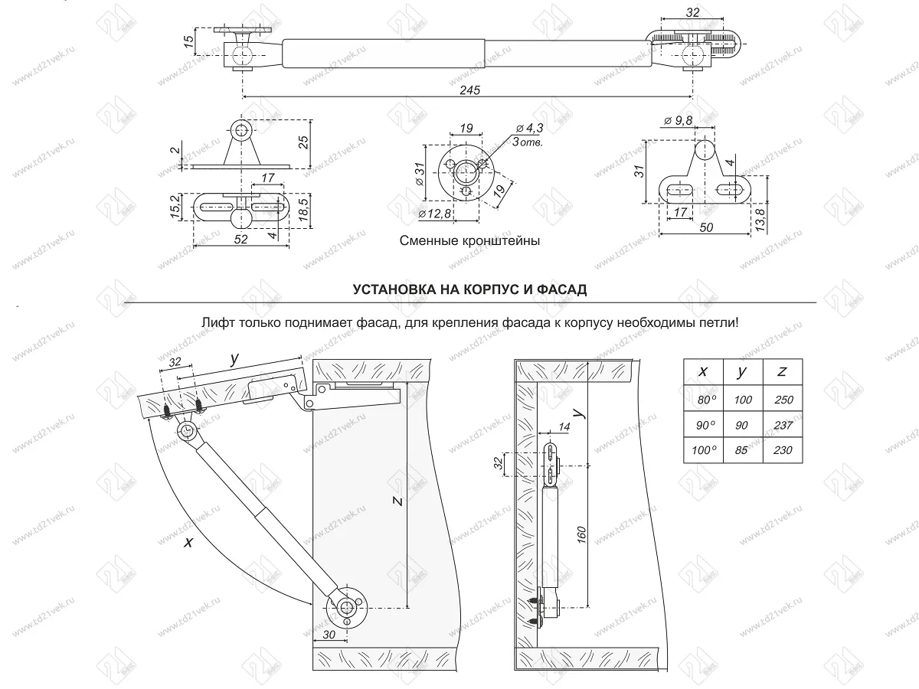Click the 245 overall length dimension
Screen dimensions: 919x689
(469, 90)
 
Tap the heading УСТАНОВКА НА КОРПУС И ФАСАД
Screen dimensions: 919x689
(469, 289)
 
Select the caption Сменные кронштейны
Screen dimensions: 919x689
(469, 240)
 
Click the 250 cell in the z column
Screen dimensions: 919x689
(783, 400)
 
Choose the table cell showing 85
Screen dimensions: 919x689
(741, 450)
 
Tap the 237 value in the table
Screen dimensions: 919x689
(783, 426)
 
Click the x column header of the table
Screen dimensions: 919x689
(703, 371)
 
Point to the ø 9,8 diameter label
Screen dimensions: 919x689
(679, 121)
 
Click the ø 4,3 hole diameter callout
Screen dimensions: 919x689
(530, 128)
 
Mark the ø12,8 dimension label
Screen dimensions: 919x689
(434, 214)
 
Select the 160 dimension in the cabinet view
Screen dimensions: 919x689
(581, 535)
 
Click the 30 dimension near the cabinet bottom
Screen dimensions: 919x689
(329, 635)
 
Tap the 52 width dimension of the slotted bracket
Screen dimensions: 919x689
(240, 240)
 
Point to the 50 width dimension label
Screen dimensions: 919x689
(706, 227)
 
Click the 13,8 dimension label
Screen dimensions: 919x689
(760, 220)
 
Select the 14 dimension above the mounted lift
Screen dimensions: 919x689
(564, 426)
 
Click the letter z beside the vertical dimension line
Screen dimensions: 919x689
(398, 501)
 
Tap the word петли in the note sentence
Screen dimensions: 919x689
(719, 323)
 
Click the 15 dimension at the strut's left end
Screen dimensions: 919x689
(189, 41)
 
